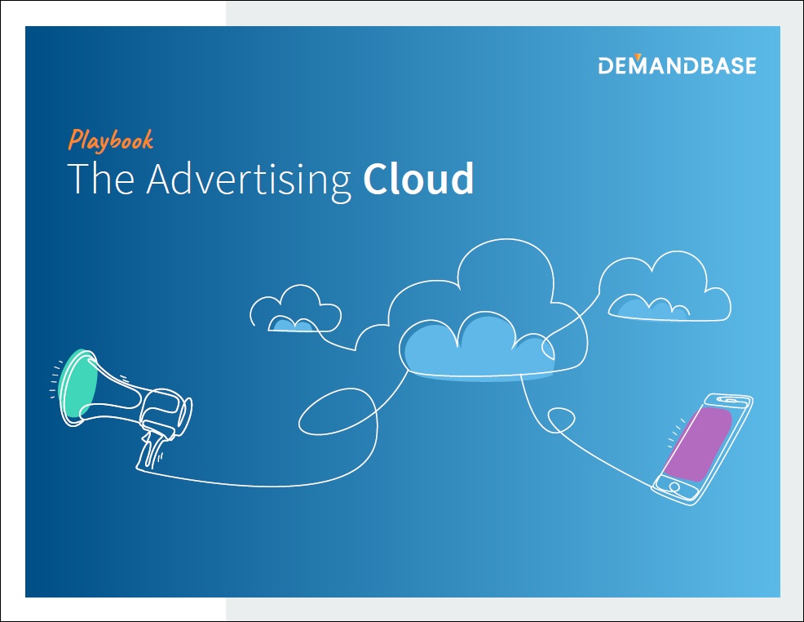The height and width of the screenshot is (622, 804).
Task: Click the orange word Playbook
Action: coord(111,140)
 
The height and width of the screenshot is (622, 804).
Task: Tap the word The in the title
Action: coord(101,179)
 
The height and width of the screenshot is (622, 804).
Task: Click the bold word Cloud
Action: coord(418,178)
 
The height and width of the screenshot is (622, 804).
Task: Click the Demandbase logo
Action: coord(677,64)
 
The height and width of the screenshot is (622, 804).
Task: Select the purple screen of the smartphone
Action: coord(698,444)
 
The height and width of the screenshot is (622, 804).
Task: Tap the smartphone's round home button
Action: coord(675,486)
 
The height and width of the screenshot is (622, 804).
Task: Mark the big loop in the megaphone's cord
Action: coord(339,411)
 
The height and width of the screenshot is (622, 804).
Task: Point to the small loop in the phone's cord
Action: coord(561,420)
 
